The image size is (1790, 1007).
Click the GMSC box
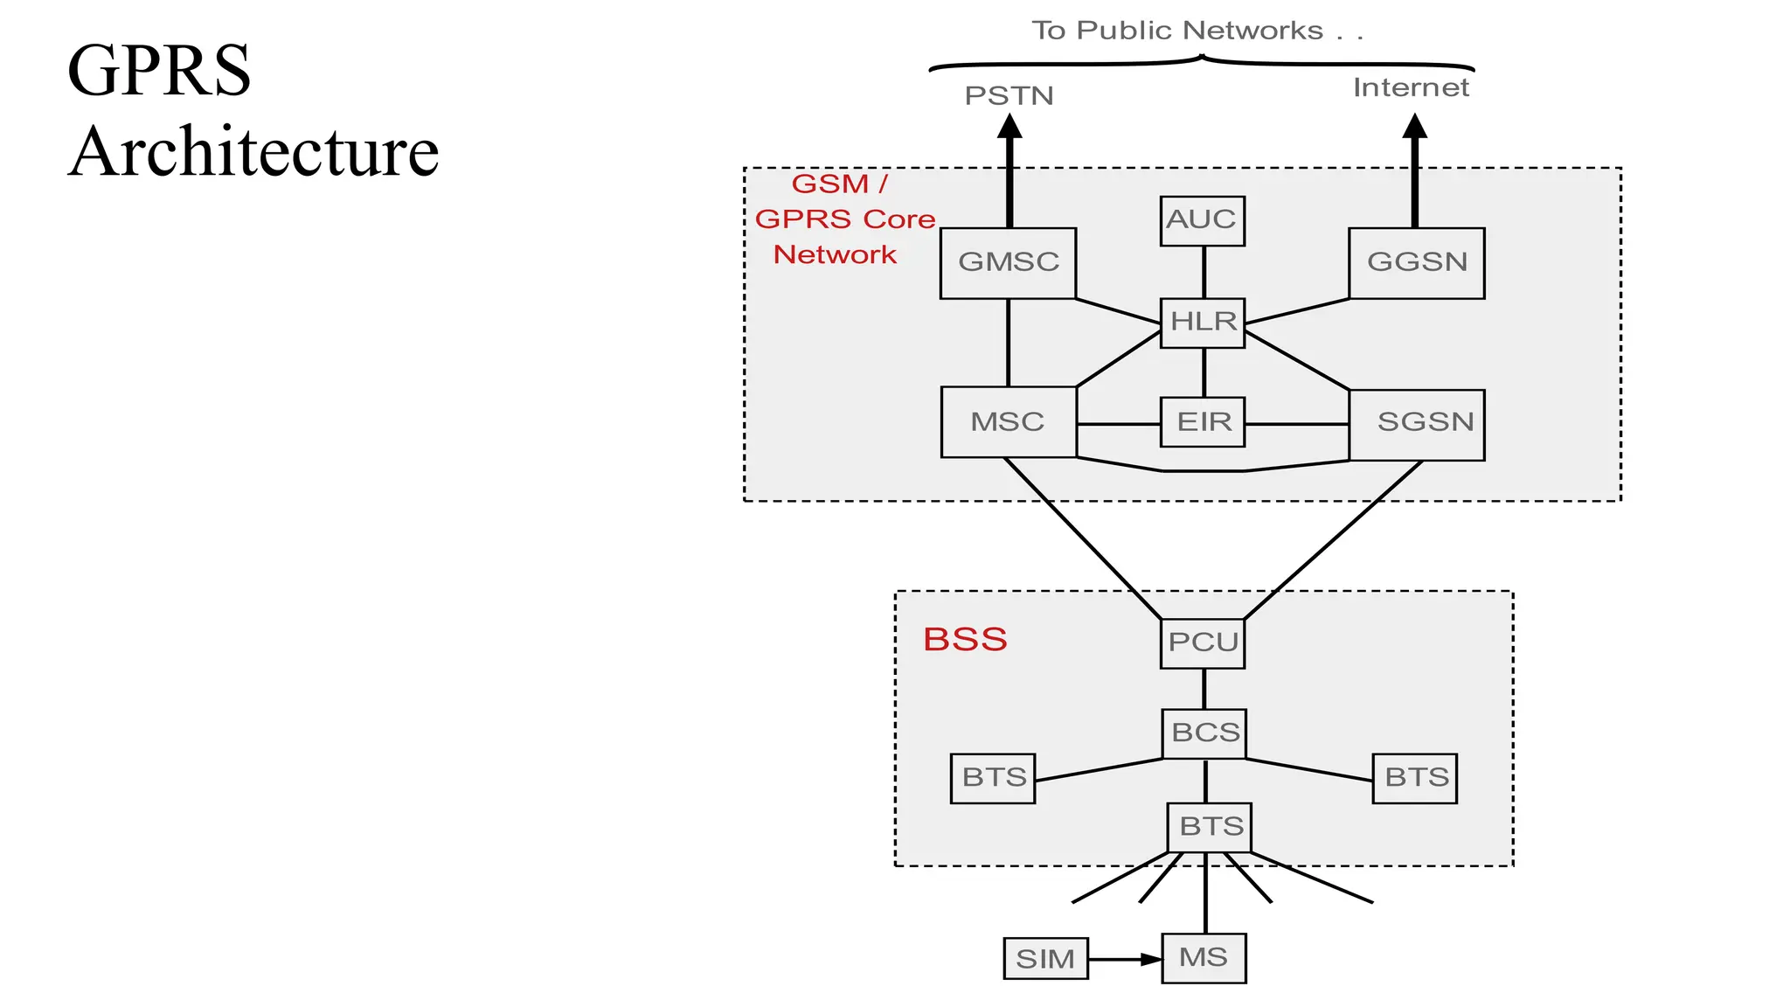point(1008,263)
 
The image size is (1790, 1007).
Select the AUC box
point(1203,220)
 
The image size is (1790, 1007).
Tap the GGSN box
point(1416,263)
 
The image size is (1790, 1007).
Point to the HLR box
point(1203,323)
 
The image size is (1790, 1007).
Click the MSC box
point(1008,422)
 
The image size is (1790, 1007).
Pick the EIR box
point(1203,422)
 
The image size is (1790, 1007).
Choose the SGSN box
point(1417,424)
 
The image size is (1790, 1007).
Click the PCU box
point(1203,643)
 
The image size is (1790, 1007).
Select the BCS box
point(1204,733)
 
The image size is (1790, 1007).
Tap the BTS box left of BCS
point(993,778)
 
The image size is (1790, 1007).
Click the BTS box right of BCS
point(1414,778)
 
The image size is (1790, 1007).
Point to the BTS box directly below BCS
point(1210,827)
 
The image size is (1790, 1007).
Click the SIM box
point(1045,959)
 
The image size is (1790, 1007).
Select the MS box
point(1204,958)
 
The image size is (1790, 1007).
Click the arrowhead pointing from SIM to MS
point(1151,960)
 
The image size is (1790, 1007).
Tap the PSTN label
point(1009,95)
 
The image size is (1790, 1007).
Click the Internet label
point(1411,87)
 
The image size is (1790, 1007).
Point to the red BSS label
point(965,640)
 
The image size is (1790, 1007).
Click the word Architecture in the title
point(253,151)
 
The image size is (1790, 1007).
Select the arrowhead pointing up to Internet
point(1414,128)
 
